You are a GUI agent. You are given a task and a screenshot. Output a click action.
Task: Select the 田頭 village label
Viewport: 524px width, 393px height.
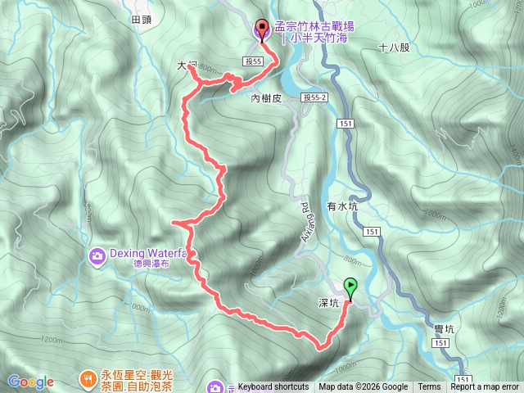click(142, 18)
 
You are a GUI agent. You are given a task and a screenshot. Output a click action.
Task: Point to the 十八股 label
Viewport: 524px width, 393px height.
click(394, 47)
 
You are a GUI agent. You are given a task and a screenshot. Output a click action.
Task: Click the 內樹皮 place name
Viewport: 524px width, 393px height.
click(265, 97)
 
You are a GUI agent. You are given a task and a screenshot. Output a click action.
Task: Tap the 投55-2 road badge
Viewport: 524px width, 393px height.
click(314, 97)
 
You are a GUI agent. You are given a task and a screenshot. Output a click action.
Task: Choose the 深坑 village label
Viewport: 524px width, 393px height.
click(328, 303)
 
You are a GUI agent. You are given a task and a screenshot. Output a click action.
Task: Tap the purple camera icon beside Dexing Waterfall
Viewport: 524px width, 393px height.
click(97, 257)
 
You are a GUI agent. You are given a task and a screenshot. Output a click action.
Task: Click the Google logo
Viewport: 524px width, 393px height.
click(30, 382)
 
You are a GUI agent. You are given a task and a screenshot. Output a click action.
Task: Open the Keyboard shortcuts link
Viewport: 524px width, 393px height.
click(273, 387)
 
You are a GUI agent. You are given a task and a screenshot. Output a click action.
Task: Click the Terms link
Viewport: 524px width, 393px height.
click(429, 387)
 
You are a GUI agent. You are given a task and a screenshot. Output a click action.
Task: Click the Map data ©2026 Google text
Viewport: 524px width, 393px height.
click(363, 387)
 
